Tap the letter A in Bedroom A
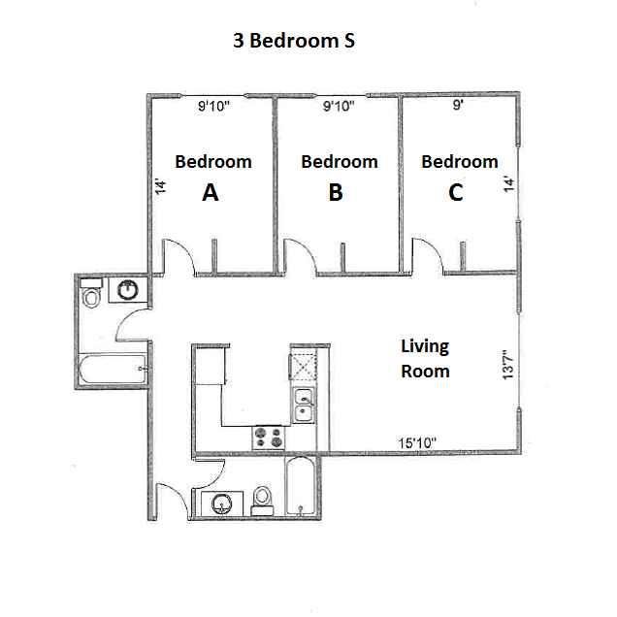click(210, 193)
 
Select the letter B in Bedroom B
click(336, 193)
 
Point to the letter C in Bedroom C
click(456, 193)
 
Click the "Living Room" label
click(425, 358)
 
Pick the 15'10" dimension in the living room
click(417, 442)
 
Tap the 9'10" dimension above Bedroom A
click(212, 107)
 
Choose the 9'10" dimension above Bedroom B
click(339, 107)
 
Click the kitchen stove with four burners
click(268, 438)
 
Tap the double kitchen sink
click(304, 405)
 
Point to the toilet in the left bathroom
click(91, 294)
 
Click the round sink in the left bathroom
click(128, 290)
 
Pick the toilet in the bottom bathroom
click(262, 500)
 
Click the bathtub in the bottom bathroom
click(299, 485)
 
